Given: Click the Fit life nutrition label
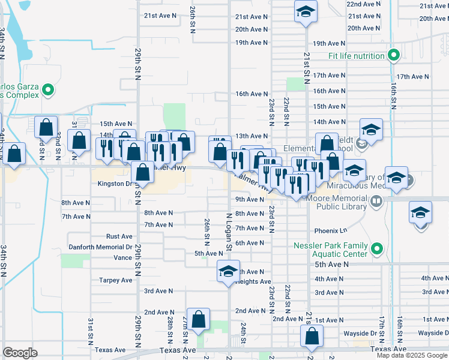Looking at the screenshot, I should [356, 56].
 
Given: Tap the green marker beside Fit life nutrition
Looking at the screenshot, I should [394, 56].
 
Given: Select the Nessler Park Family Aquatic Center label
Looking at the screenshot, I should [330, 249].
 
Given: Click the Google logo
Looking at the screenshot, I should [20, 353].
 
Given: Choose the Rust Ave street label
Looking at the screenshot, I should [119, 236].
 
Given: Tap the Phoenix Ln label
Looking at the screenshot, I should [331, 230].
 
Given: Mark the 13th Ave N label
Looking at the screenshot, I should [251, 136].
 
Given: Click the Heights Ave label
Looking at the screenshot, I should [255, 281].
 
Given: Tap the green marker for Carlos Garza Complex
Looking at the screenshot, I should [49, 91].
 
